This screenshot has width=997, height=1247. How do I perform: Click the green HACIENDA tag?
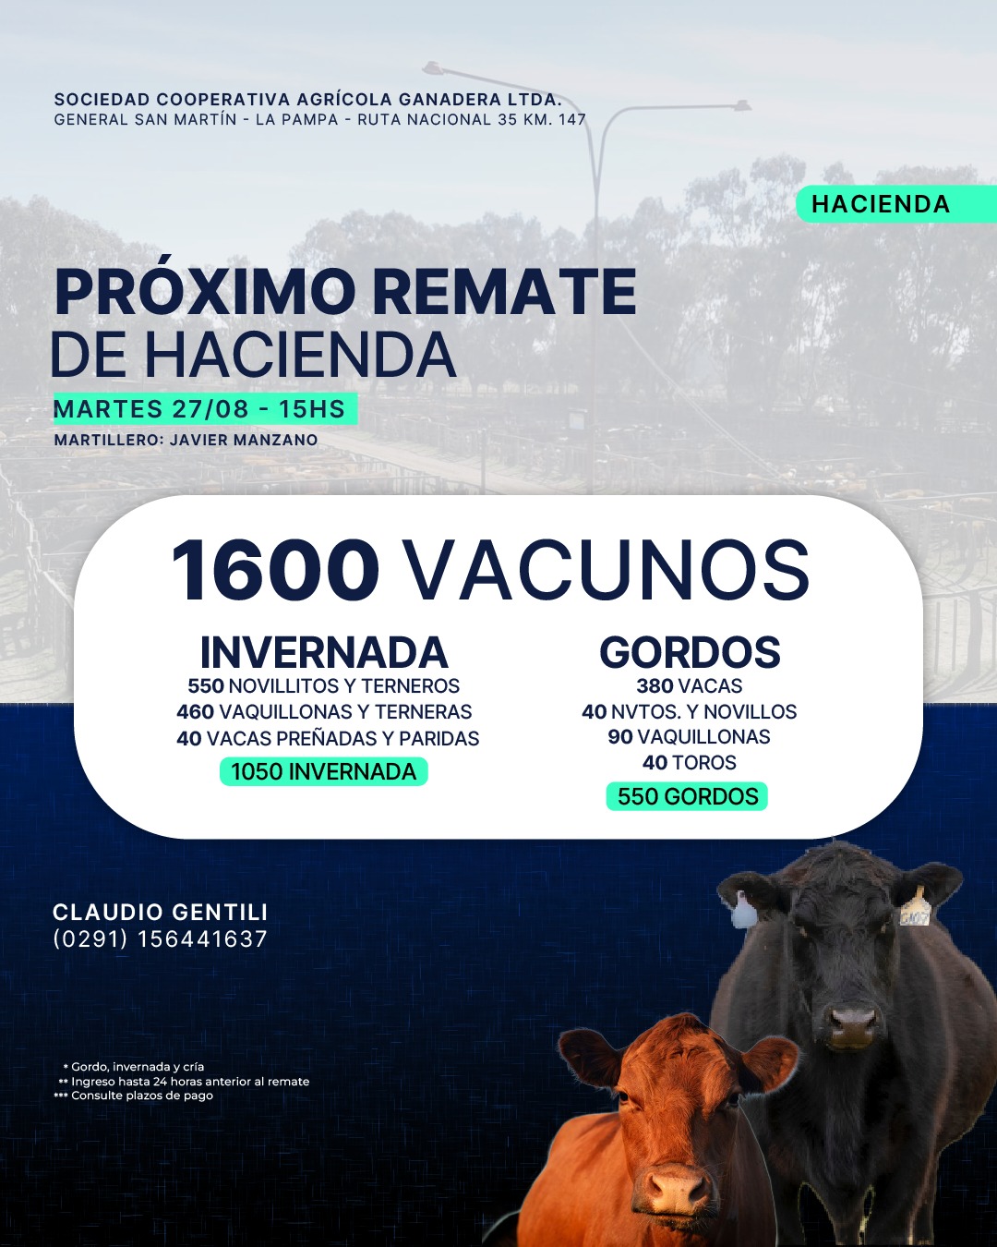click(x=896, y=204)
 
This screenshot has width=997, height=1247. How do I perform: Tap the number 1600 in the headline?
click(x=274, y=570)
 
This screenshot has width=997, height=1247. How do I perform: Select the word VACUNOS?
click(x=606, y=570)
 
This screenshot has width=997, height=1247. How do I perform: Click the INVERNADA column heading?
click(x=324, y=653)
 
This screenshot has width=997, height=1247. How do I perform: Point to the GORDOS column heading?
click(x=690, y=652)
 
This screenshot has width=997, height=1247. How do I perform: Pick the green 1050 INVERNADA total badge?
click(x=324, y=771)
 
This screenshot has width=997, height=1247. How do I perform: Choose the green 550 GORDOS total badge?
click(x=687, y=796)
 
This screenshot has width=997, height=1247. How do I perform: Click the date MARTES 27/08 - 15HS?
click(x=199, y=409)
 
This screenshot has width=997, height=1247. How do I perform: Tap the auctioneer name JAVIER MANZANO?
click(x=244, y=440)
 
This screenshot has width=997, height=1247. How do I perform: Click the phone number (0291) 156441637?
click(x=160, y=939)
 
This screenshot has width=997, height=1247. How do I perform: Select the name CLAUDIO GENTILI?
click(x=160, y=912)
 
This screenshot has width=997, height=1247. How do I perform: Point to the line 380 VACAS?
click(x=690, y=686)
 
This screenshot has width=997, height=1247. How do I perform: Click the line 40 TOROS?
click(x=690, y=763)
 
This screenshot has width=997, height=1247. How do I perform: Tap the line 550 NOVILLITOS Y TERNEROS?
click(x=324, y=686)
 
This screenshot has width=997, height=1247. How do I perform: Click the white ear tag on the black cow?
click(x=744, y=912)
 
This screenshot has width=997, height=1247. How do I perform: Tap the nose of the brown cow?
click(x=677, y=1186)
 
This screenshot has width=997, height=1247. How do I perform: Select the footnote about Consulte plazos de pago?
click(x=134, y=1096)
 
